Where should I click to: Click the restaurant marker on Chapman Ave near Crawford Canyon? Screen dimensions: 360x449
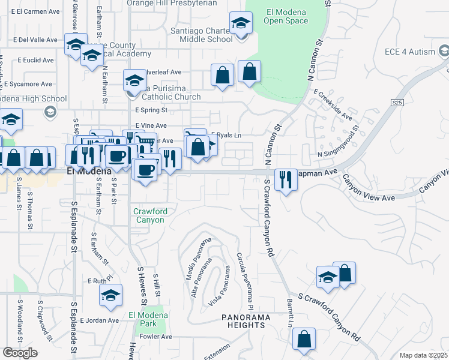[x=285, y=179]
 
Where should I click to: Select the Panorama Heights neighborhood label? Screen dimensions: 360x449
[x=243, y=321]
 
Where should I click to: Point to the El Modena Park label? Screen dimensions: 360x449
[x=143, y=319]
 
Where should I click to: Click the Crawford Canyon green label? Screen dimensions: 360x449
[x=149, y=216]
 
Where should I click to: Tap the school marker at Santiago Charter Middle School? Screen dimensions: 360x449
[x=241, y=23]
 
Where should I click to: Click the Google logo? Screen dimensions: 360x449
[x=19, y=353]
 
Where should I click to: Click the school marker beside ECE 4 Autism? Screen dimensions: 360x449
[x=444, y=53]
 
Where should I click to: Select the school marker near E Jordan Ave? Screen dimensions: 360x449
[x=111, y=295]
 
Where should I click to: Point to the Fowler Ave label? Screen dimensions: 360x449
[x=157, y=337]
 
